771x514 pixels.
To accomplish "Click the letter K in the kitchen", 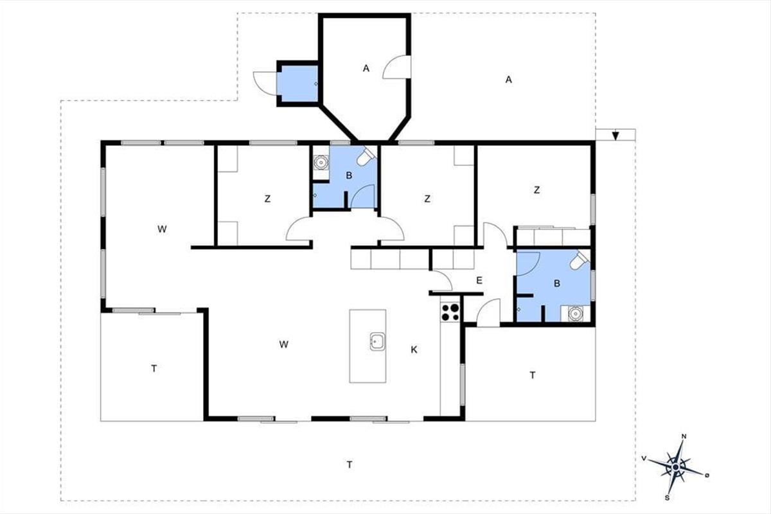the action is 414,350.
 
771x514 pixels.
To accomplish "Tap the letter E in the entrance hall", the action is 479,281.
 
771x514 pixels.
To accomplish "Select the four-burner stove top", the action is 450,312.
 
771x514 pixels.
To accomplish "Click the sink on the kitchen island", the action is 377,342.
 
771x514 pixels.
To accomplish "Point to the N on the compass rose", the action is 684,436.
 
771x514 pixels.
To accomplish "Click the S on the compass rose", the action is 667,498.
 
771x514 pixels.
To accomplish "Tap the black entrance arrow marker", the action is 616,136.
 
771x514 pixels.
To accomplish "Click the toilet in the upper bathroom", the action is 366,156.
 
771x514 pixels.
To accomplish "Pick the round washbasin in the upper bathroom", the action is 321,163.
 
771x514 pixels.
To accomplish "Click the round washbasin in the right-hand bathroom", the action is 575,314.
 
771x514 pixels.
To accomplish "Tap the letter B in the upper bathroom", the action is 349,175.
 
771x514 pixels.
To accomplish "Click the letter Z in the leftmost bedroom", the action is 267,199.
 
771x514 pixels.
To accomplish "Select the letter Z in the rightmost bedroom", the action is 536,190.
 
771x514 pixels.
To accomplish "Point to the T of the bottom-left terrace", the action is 154,369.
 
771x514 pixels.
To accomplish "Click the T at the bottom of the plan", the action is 350,465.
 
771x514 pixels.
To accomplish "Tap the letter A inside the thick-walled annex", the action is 366,69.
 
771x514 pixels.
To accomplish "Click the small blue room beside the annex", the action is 297,84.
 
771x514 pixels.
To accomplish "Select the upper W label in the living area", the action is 162,229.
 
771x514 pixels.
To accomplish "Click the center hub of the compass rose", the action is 675,467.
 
